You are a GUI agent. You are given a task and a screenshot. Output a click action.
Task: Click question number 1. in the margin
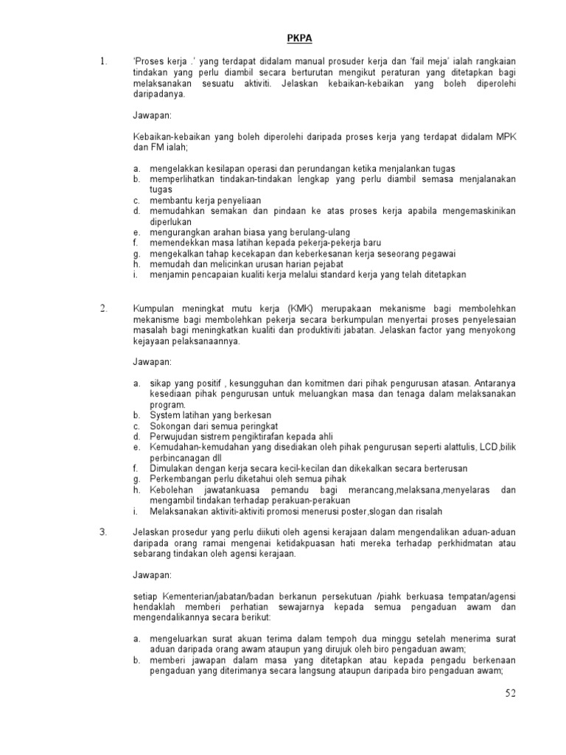[x=103, y=62]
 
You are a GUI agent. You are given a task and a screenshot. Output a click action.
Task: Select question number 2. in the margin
[x=103, y=308]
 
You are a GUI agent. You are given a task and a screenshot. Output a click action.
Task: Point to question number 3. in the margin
[x=103, y=532]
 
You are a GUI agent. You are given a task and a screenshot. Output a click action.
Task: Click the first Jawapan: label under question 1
[x=152, y=116]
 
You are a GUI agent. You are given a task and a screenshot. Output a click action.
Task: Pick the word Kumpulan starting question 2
[x=156, y=309]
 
